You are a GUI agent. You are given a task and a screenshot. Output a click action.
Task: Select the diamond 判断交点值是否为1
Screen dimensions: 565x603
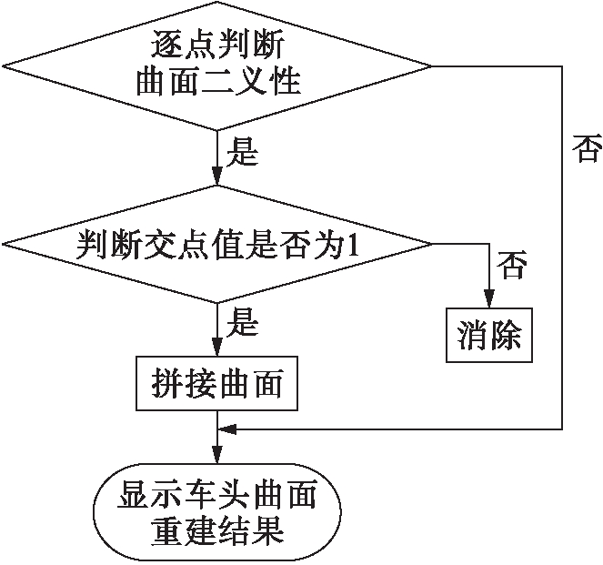[x=216, y=244]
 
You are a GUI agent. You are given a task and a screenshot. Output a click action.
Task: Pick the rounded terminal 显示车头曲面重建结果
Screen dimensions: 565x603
[x=216, y=515]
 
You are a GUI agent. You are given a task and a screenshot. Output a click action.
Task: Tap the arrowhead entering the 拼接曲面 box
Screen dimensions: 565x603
[x=216, y=350]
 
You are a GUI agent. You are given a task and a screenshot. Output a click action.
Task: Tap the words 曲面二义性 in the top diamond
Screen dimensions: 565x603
[x=216, y=84]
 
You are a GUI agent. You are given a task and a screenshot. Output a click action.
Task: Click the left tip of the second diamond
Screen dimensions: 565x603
[x=5, y=244]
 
